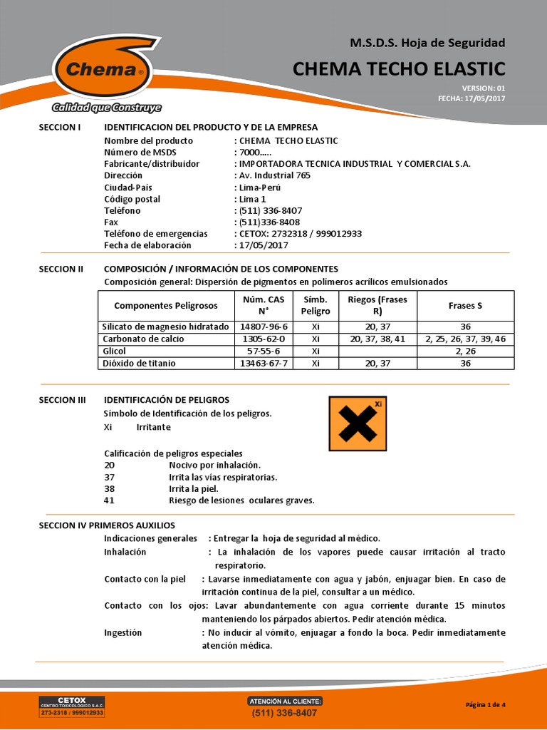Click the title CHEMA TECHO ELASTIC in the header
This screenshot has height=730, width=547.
click(399, 68)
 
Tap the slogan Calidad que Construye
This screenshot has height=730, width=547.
click(106, 108)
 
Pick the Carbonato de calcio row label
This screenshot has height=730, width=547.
click(143, 339)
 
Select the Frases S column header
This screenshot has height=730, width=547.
click(465, 306)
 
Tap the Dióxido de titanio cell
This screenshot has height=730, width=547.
click(139, 363)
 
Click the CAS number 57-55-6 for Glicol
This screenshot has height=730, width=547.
click(264, 351)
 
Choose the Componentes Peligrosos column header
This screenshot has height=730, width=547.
click(165, 306)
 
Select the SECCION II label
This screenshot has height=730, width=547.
click(61, 269)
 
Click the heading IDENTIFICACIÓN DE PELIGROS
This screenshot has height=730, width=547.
click(167, 400)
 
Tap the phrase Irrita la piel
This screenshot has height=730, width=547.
click(193, 488)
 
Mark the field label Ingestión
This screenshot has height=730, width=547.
click(123, 632)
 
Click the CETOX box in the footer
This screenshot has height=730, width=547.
click(71, 706)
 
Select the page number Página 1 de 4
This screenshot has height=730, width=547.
click(485, 705)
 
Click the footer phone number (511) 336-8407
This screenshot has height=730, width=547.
click(285, 713)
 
